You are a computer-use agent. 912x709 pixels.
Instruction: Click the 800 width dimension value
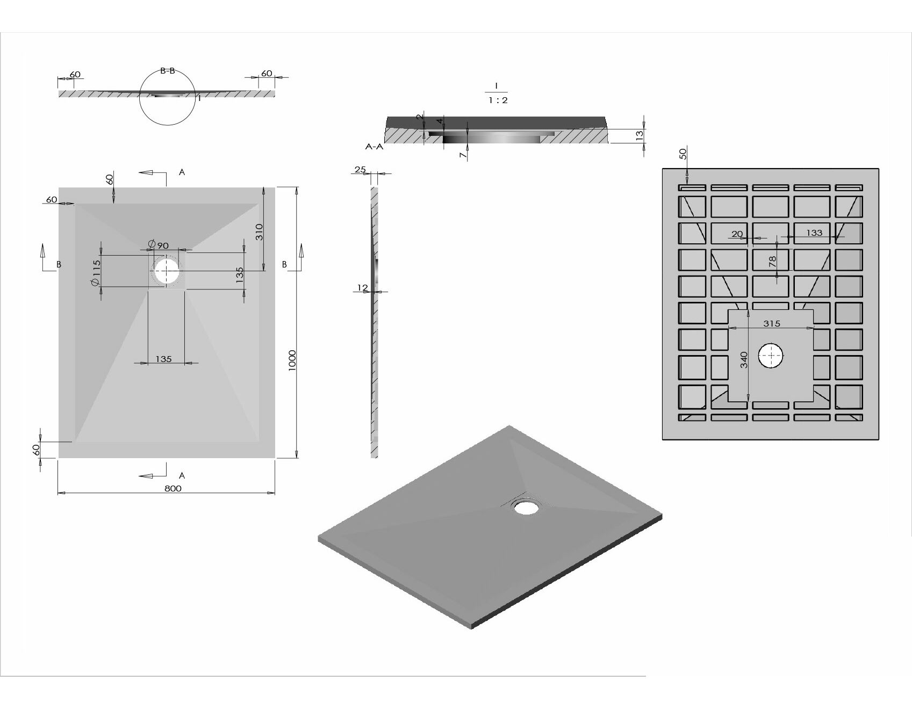[x=173, y=488]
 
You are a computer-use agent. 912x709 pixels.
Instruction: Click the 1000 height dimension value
[x=292, y=360]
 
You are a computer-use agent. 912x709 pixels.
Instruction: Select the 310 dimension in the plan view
[x=259, y=232]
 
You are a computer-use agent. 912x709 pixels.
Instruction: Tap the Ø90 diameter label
[x=158, y=245]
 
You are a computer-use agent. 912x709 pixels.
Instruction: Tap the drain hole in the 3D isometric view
[x=526, y=507]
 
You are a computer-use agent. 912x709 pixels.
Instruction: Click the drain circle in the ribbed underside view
[x=771, y=356]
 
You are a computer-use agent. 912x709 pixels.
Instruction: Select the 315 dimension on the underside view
[x=771, y=323]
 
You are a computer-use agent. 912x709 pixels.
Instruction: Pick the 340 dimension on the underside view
[x=744, y=360]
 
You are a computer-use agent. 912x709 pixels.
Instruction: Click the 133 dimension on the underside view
[x=814, y=233]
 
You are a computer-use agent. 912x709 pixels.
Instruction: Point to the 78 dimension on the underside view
[x=772, y=262]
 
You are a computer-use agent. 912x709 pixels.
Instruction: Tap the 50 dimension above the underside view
[x=683, y=154]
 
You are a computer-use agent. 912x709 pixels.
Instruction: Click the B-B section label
[x=168, y=71]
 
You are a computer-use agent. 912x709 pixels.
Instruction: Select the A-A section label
[x=374, y=146]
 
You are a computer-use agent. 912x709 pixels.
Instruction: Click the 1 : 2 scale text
[x=499, y=100]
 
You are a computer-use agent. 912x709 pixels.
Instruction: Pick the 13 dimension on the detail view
[x=640, y=135]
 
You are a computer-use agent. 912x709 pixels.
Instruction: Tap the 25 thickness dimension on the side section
[x=360, y=170]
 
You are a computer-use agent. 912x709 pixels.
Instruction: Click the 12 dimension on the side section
[x=363, y=288]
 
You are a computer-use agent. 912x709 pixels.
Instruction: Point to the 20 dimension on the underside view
[x=737, y=234]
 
